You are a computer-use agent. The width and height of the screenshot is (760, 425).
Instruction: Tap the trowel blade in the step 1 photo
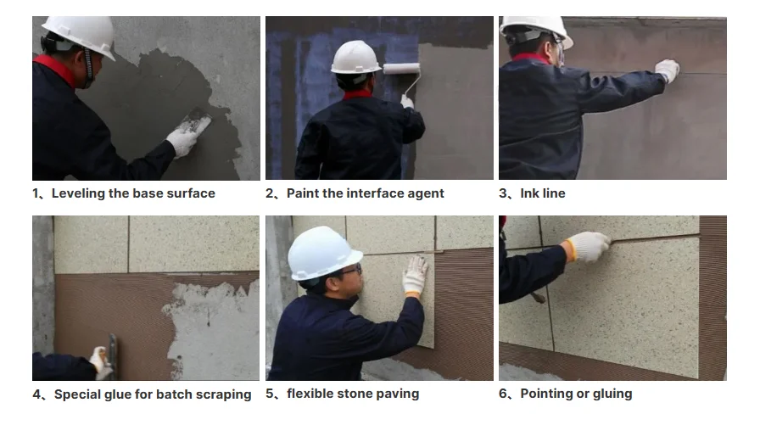[198, 122]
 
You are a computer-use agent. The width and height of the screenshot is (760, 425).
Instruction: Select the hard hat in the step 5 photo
[322, 253]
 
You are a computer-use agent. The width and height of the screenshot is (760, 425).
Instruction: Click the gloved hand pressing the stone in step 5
[415, 275]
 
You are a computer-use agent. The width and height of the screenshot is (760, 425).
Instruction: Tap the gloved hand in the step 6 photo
[587, 246]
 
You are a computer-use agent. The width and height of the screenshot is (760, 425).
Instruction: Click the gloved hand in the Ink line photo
[668, 70]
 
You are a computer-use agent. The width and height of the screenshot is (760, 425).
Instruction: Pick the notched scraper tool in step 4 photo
[113, 355]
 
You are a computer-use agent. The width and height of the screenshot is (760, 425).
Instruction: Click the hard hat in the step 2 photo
[355, 57]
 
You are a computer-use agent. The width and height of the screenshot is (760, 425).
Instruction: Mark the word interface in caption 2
[375, 193]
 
